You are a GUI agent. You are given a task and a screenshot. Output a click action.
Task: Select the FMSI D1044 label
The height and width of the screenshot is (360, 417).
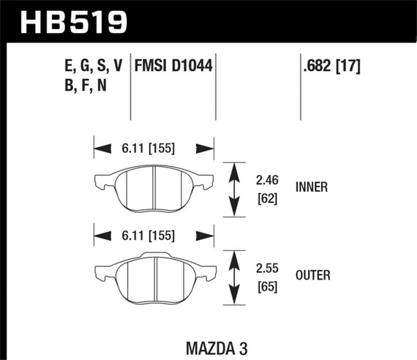tap(173, 67)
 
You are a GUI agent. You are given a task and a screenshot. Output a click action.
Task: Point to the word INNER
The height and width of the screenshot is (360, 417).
tap(312, 187)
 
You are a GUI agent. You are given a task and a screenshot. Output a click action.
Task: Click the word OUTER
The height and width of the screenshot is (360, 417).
tap(313, 275)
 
